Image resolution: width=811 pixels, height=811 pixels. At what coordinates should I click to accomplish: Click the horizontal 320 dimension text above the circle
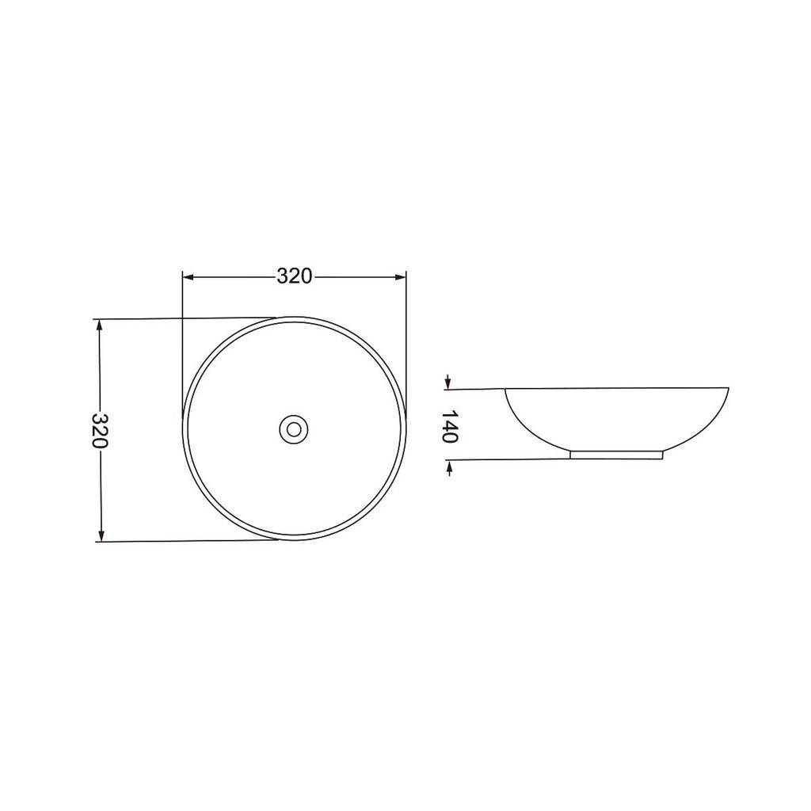[295, 276]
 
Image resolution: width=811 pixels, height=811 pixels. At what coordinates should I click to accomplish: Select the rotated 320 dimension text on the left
[100, 430]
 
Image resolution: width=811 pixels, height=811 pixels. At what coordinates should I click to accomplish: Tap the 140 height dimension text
[450, 426]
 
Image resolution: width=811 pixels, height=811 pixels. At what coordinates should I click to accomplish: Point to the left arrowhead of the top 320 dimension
[188, 277]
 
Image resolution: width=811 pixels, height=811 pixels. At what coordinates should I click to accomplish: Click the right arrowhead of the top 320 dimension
[401, 277]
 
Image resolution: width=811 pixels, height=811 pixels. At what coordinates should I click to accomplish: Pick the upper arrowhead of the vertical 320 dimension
[101, 324]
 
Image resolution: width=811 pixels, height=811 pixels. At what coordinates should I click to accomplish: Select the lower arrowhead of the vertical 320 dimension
[101, 536]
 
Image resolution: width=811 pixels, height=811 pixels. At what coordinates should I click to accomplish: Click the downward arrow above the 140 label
[448, 382]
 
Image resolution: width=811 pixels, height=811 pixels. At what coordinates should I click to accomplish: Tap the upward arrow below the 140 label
[450, 468]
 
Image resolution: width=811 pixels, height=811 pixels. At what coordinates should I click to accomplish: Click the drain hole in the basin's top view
[294, 428]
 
